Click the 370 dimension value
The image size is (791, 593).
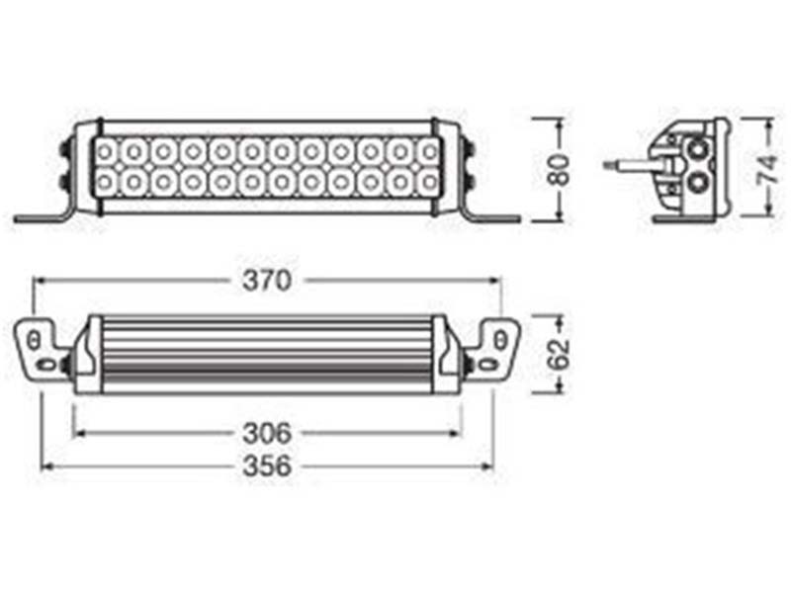[x=267, y=281]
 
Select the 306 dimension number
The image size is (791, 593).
[x=267, y=432]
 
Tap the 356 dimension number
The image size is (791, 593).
[x=267, y=466]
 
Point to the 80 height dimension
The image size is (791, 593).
[x=560, y=170]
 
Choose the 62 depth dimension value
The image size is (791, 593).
[x=559, y=353]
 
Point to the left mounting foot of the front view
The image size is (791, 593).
[x=44, y=216]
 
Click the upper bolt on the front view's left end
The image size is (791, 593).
[x=66, y=147]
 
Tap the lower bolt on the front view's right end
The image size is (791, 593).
[x=469, y=182]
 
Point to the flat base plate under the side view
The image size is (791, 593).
[x=690, y=217]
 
